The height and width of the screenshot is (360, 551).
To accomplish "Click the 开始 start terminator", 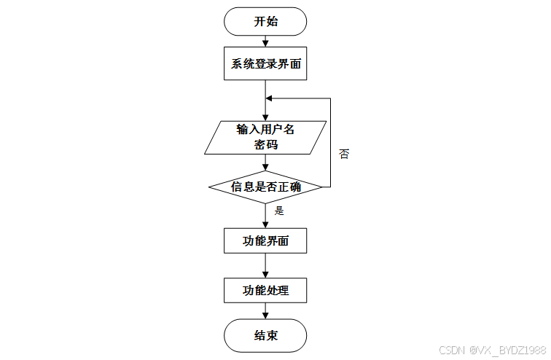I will pyautogui.click(x=265, y=21).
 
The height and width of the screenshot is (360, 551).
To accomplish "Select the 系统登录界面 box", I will pyautogui.click(x=265, y=64).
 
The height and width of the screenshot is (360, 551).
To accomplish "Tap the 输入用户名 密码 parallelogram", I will pyautogui.click(x=265, y=137).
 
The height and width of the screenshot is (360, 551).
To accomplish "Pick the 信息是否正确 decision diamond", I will pyautogui.click(x=265, y=187).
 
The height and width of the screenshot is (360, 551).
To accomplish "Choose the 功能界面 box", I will pyautogui.click(x=265, y=241).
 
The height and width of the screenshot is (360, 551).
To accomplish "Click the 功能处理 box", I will pyautogui.click(x=265, y=290).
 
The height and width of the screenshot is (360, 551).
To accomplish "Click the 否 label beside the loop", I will pyautogui.click(x=344, y=154).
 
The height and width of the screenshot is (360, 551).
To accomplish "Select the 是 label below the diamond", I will pyautogui.click(x=278, y=211).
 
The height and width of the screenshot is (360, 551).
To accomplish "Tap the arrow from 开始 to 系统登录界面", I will pyautogui.click(x=265, y=42).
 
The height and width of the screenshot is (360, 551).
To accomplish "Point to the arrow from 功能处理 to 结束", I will pyautogui.click(x=265, y=310).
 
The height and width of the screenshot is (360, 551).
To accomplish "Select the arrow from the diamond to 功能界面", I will pyautogui.click(x=265, y=216).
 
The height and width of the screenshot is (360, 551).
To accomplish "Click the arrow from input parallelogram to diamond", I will pyautogui.click(x=265, y=163).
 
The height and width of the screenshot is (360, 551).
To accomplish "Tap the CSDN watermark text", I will pyautogui.click(x=453, y=350).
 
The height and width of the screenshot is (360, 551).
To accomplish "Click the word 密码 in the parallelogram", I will pyautogui.click(x=265, y=145).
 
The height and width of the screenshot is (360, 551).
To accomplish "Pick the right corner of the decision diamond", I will pyautogui.click(x=321, y=187).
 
